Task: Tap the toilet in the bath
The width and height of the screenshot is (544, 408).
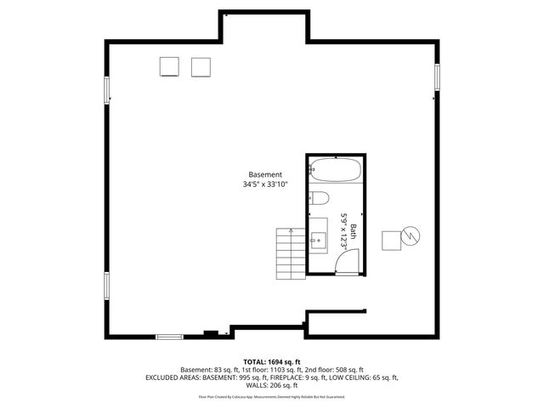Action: click(x=319, y=199)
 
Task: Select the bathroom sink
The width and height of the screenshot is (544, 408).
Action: click(x=318, y=240)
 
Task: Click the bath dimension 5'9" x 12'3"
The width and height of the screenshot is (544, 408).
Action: click(x=345, y=229)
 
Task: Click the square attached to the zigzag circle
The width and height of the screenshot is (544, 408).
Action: click(x=392, y=241)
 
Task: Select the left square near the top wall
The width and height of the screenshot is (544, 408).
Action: click(x=170, y=66)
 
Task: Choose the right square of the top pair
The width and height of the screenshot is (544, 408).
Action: click(x=201, y=66)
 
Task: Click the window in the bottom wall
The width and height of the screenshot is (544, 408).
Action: click(x=169, y=337)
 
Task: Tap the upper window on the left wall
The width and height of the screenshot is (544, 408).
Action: click(x=106, y=89)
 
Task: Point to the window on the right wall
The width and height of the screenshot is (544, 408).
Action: click(x=438, y=77)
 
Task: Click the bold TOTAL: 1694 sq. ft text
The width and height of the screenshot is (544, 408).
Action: click(x=272, y=362)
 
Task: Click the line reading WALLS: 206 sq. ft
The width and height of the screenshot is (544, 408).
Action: click(x=272, y=385)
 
